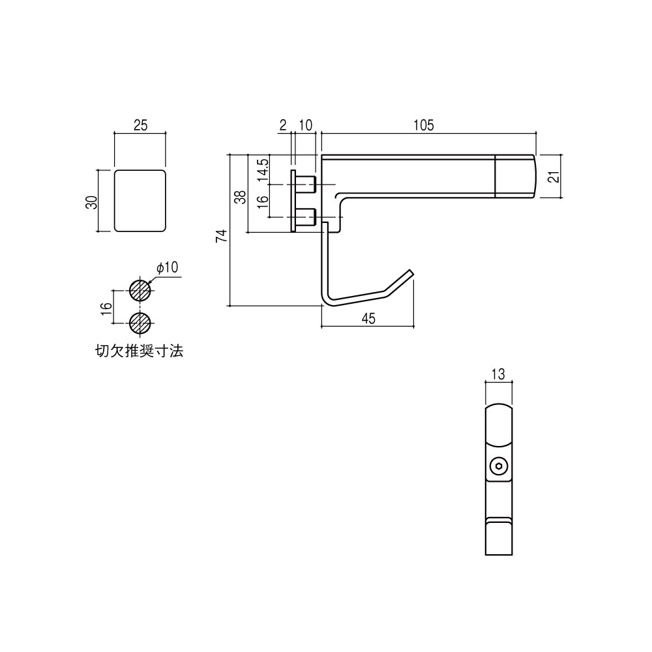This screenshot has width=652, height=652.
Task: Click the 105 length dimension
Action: (x=423, y=125)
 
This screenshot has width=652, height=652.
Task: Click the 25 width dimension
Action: (x=140, y=125)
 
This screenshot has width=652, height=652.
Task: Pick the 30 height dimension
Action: (x=93, y=201)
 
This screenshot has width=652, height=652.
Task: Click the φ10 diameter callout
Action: (x=167, y=268)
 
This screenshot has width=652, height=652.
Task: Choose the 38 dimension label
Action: (x=240, y=197)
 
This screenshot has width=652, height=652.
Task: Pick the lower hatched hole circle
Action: (x=140, y=322)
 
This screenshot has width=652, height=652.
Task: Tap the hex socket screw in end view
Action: (x=499, y=466)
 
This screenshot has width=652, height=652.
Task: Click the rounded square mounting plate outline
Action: (x=140, y=201)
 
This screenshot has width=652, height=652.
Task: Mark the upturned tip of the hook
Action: (x=409, y=274)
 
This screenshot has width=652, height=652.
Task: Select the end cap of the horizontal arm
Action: (x=516, y=176)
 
